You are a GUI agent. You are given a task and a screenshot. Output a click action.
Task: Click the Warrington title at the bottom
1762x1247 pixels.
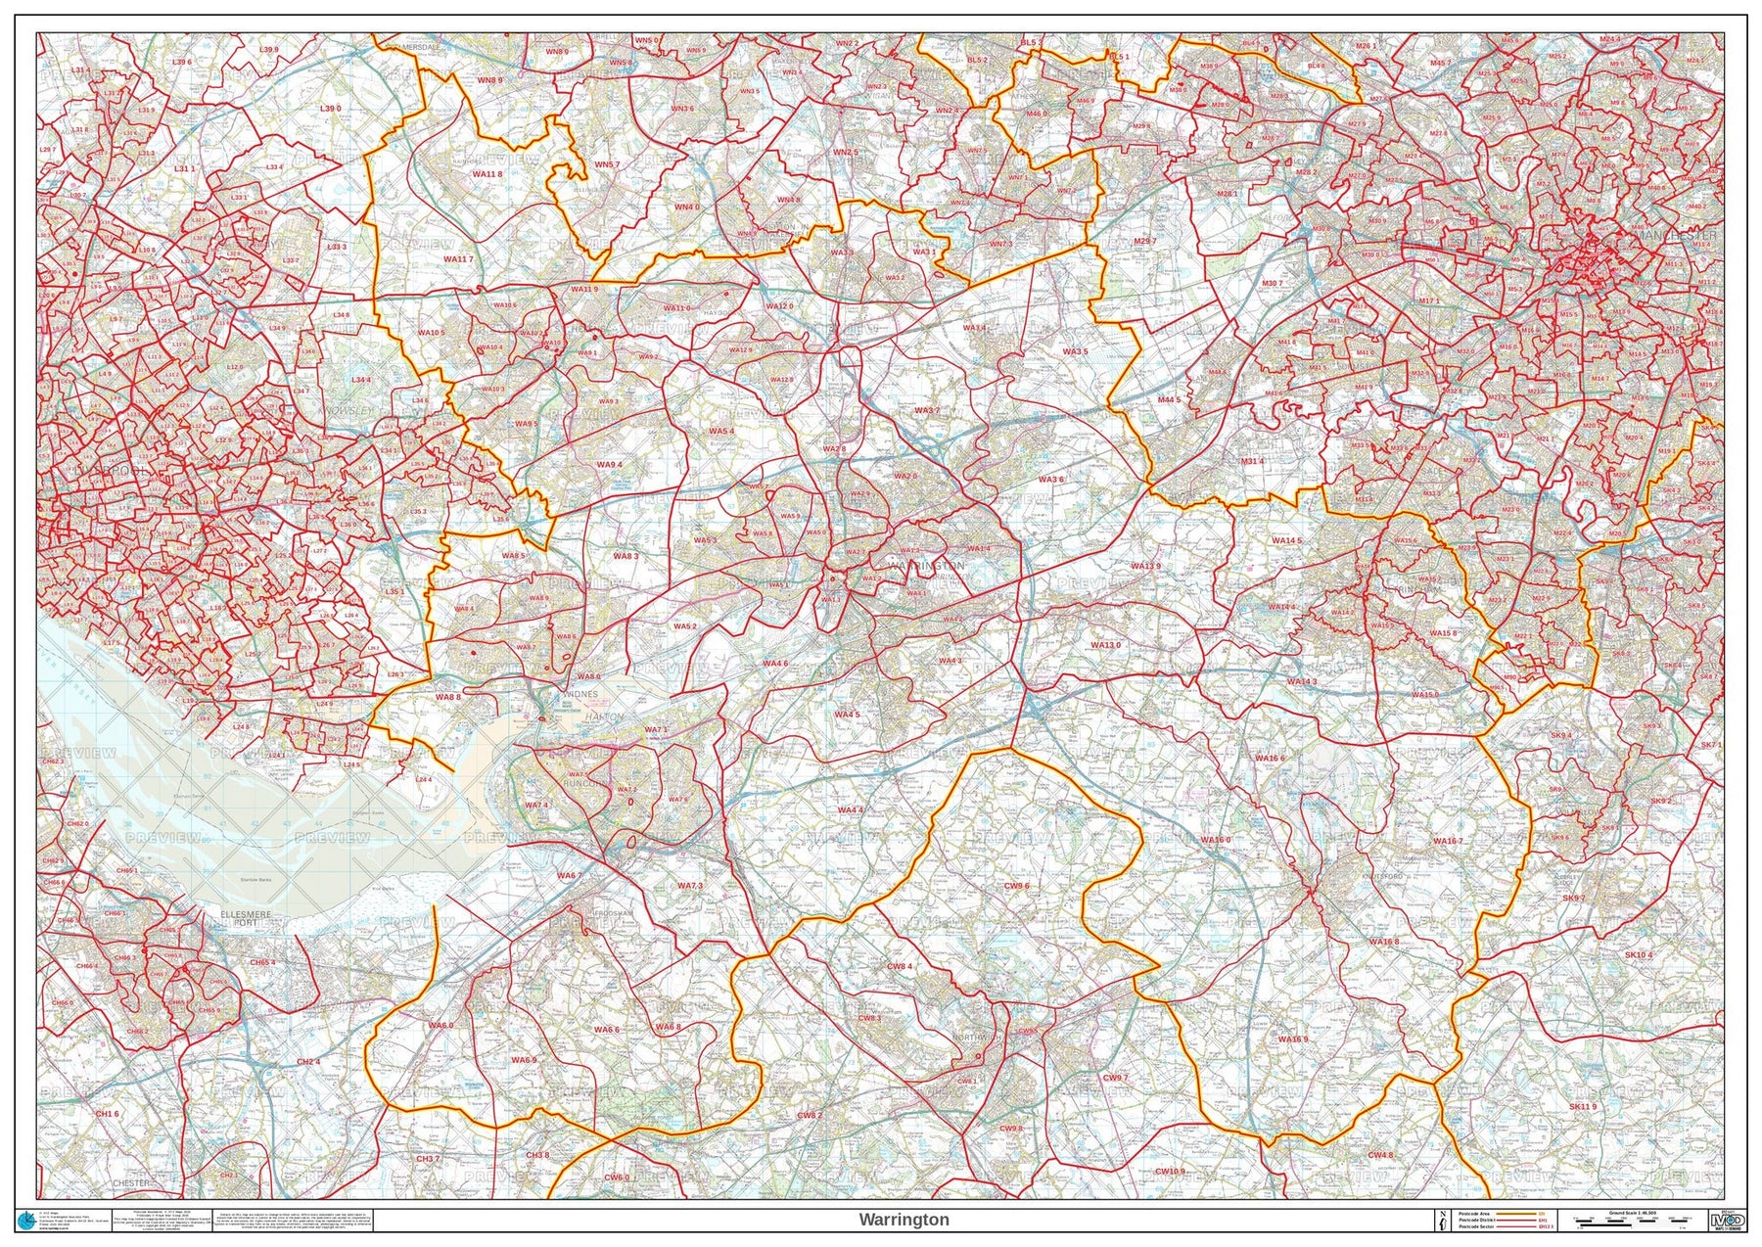[x=904, y=1220]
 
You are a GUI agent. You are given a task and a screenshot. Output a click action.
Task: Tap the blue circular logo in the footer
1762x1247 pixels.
[x=26, y=1220]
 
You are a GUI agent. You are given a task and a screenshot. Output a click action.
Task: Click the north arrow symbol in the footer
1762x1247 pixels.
[x=1442, y=1220]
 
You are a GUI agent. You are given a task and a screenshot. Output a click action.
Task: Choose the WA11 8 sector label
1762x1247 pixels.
[x=487, y=174]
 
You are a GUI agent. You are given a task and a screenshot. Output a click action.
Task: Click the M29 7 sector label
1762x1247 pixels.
[x=1144, y=241]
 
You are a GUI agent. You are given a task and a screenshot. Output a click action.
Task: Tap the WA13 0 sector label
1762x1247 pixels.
[x=1105, y=645]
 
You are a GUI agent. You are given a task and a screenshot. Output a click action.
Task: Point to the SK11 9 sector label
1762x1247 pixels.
[x=1582, y=1106]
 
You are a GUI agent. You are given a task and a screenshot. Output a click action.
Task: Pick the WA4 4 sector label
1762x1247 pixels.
[x=849, y=810]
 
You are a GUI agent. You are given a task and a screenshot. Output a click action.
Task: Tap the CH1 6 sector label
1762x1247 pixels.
[x=107, y=1114]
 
